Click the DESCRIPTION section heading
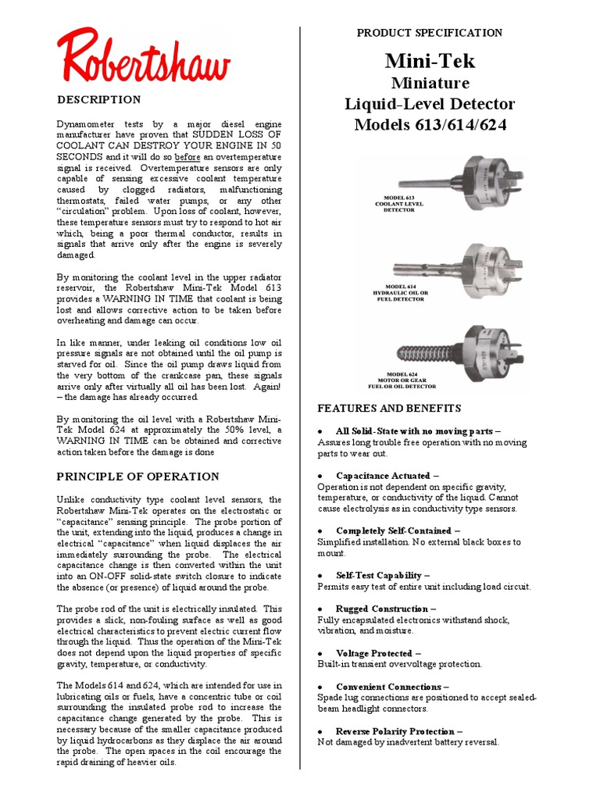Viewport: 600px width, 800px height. (99, 100)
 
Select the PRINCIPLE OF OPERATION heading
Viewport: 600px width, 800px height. (137, 477)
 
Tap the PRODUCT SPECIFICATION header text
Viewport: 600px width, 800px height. (429, 33)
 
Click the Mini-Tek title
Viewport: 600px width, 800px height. (429, 61)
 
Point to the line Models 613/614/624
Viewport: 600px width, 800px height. (429, 125)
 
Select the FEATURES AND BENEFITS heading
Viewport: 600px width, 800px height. (389, 409)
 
